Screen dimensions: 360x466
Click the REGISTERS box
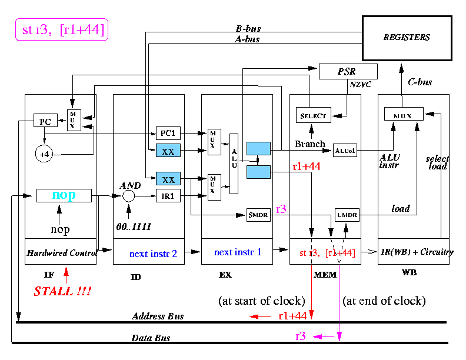point(407,38)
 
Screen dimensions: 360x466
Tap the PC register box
point(45,122)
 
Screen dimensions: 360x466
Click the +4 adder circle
point(45,154)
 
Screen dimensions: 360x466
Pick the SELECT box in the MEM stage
point(313,115)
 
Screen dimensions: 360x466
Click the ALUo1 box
point(344,151)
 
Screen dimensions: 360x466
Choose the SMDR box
point(258,215)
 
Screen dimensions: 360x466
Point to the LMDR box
point(346,216)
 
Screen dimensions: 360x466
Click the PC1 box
point(168,134)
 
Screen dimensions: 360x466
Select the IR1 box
point(168,196)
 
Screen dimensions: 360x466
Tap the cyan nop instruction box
point(64,195)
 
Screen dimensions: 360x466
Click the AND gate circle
point(128,195)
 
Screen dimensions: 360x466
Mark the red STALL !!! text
point(62,291)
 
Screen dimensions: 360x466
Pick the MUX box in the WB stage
point(404,114)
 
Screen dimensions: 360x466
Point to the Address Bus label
point(158,316)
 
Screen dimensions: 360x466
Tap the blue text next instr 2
point(154,254)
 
